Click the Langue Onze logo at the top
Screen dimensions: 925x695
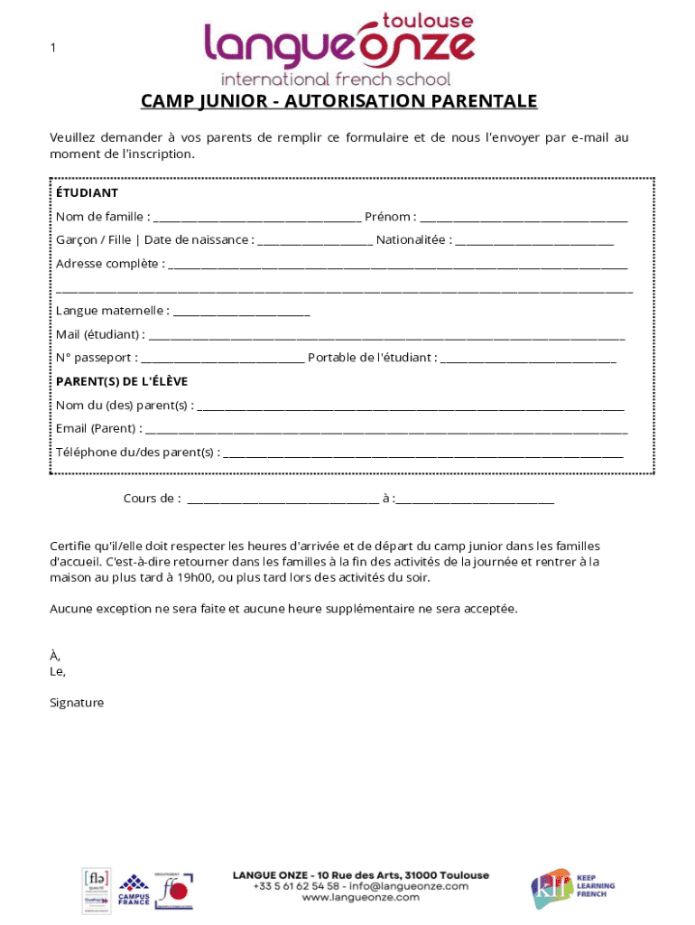338,47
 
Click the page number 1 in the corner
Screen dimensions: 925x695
53,48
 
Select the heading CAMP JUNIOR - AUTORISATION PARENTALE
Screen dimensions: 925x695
338,101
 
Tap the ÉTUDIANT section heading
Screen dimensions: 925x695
87,192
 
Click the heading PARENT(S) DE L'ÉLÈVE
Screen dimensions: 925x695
122,381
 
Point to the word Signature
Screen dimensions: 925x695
77,703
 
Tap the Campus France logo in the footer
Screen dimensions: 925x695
134,891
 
